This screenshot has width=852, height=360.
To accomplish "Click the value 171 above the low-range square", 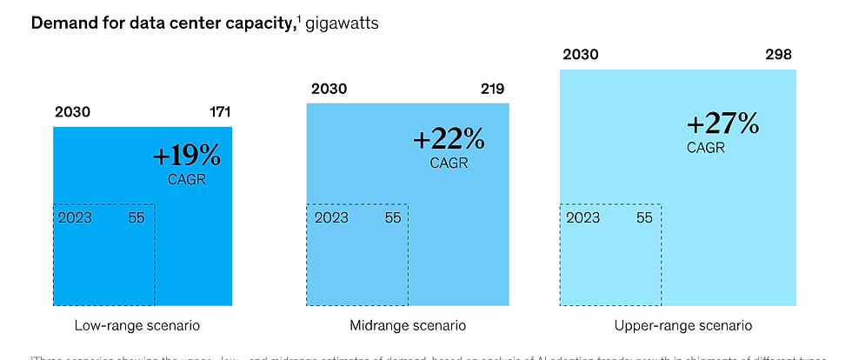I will click(x=220, y=112).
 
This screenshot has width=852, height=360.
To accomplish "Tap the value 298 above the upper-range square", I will click(x=778, y=55).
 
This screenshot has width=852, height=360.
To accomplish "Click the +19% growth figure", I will click(x=187, y=156).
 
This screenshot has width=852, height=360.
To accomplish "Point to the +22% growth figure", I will click(x=448, y=138).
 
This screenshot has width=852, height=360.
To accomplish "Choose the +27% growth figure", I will click(x=722, y=124).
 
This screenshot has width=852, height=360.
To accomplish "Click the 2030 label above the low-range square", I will click(x=72, y=112).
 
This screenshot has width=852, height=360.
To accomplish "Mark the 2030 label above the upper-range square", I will click(x=580, y=55).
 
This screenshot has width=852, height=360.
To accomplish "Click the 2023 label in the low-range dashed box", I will click(x=75, y=217).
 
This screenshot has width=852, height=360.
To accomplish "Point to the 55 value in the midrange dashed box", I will click(x=393, y=217).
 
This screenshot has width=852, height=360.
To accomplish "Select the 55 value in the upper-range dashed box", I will click(x=644, y=217).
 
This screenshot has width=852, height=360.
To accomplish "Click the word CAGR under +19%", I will click(x=187, y=179).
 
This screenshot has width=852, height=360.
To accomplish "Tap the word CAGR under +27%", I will click(x=705, y=148).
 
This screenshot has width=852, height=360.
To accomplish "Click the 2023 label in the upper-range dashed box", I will click(x=583, y=217).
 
